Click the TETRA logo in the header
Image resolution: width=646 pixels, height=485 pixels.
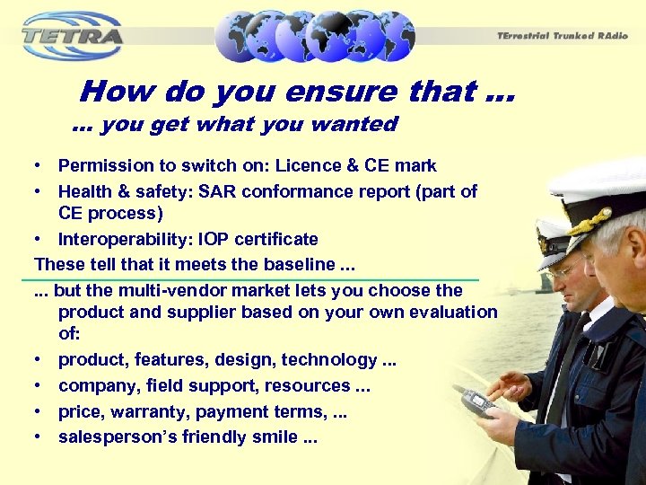pyautogui.click(x=72, y=36)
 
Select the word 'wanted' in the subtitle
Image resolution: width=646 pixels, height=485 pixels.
pyautogui.click(x=358, y=124)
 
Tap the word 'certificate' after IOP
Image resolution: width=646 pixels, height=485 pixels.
pyautogui.click(x=276, y=239)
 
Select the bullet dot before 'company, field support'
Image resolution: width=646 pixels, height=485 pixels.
pyautogui.click(x=40, y=385)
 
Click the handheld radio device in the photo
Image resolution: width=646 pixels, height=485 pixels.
pyautogui.click(x=478, y=402)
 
